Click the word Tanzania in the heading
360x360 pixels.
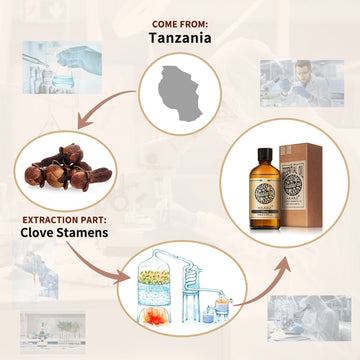tap(181, 38)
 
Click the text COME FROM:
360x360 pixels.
tap(180, 22)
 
